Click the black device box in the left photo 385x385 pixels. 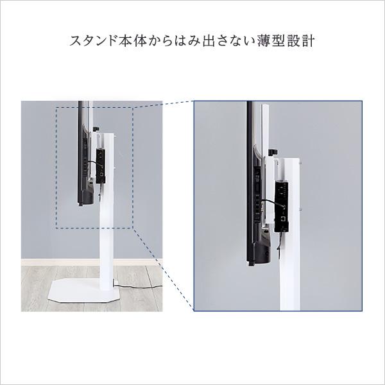(x=101, y=164)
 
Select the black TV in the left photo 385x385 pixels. (x=83, y=154)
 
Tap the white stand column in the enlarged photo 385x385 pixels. (x=291, y=276)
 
